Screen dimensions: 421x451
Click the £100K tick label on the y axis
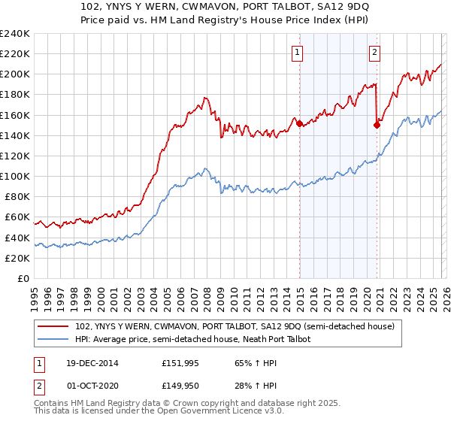tap(14, 176)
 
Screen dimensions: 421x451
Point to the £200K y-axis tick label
tap(14, 74)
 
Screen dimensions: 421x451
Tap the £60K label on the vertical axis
tap(17, 217)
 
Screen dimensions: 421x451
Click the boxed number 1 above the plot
tap(298, 52)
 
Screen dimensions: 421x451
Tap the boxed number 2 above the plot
tap(374, 52)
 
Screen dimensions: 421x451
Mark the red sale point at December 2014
tap(299, 123)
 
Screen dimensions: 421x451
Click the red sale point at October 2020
tap(377, 126)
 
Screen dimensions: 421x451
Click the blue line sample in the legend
tap(53, 339)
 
